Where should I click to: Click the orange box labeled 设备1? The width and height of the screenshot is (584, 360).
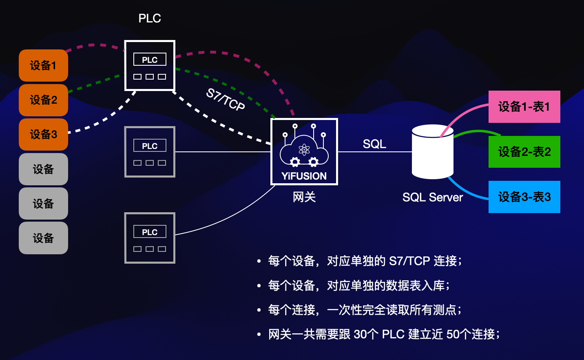(x=43, y=65)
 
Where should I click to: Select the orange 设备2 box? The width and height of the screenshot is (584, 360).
(x=43, y=100)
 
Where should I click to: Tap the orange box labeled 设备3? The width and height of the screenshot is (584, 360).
(x=43, y=134)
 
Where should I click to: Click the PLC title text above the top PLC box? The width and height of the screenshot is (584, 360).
(x=150, y=18)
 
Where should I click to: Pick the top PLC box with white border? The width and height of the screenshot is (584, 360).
(x=150, y=65)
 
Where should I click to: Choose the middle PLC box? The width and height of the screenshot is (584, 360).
(x=150, y=152)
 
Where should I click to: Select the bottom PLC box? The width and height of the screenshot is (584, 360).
(x=150, y=238)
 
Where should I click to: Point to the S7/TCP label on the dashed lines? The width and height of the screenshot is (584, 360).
(x=226, y=99)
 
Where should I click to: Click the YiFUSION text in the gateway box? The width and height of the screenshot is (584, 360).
(x=304, y=176)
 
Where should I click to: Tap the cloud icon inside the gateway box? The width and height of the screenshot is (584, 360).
(x=304, y=149)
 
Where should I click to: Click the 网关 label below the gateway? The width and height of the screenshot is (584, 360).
(x=304, y=197)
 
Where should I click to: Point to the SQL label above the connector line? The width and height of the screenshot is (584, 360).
(x=374, y=144)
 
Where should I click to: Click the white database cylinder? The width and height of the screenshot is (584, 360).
(x=432, y=152)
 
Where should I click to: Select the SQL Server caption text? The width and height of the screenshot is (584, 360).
(x=432, y=198)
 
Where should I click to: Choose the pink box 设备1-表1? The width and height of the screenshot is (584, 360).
(x=524, y=107)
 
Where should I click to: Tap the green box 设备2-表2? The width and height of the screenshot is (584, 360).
(x=524, y=152)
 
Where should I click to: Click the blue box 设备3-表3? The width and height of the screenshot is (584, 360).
(x=524, y=197)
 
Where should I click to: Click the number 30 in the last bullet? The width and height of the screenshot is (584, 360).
(x=360, y=334)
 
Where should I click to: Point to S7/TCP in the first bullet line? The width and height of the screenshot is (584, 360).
(x=409, y=261)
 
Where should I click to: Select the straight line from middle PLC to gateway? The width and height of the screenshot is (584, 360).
(x=223, y=152)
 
